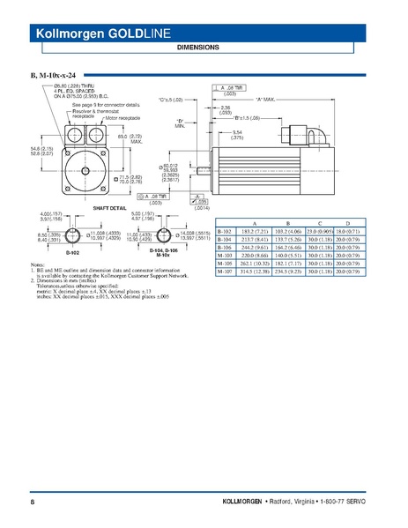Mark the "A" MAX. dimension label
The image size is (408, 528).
coord(265,100)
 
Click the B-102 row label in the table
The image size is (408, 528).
coord(225,232)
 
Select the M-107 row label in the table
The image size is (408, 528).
coord(225,271)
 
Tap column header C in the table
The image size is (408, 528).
coord(319,224)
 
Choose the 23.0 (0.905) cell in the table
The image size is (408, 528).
coord(319,232)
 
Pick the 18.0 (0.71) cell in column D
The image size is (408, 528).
coord(349,232)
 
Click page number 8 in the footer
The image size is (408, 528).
coord(33,501)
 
